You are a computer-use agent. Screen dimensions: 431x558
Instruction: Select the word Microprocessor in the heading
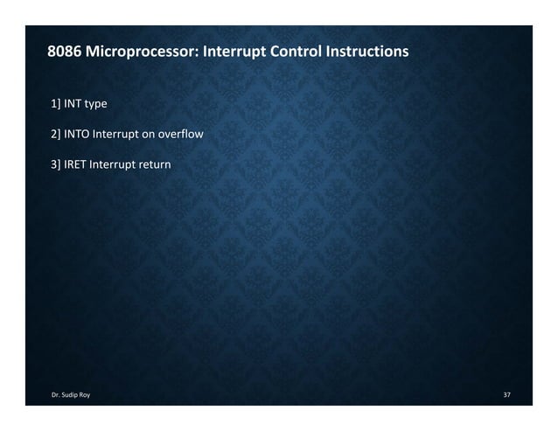click(x=142, y=52)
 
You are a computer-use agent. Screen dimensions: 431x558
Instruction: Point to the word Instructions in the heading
click(x=366, y=52)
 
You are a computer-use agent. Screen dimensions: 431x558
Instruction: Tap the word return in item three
click(x=157, y=164)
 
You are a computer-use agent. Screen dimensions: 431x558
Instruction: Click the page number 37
click(x=506, y=396)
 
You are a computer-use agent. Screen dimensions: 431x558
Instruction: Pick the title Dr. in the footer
click(x=56, y=396)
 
